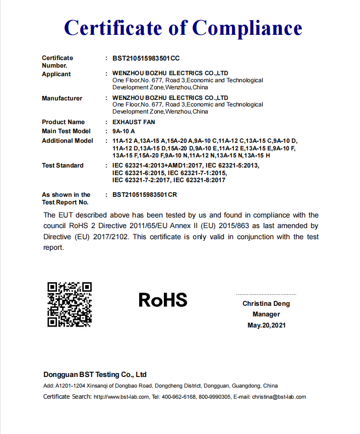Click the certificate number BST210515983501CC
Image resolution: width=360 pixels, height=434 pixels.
click(x=146, y=58)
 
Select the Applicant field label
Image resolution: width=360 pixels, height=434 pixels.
click(x=56, y=74)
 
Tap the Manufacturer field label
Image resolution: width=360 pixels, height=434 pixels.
click(x=62, y=98)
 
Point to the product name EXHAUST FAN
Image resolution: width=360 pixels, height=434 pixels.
click(x=134, y=122)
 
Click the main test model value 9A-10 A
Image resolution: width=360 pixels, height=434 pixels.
click(x=124, y=131)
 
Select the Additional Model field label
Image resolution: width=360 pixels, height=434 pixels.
click(x=68, y=141)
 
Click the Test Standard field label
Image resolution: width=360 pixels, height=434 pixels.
click(x=63, y=166)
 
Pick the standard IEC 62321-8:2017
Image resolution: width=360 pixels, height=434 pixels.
click(x=199, y=180)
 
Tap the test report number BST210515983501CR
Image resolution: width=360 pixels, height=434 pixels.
click(x=145, y=194)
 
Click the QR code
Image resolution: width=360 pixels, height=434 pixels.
click(x=70, y=305)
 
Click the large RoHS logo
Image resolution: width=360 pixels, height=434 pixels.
click(x=163, y=300)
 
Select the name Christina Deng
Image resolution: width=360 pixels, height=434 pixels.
click(x=266, y=304)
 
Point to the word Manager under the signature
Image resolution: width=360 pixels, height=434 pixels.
click(x=266, y=314)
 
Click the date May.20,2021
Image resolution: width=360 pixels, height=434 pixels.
click(x=266, y=325)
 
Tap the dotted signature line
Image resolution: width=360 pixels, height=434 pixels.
click(x=266, y=294)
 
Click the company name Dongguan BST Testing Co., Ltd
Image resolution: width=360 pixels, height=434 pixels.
click(x=95, y=374)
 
